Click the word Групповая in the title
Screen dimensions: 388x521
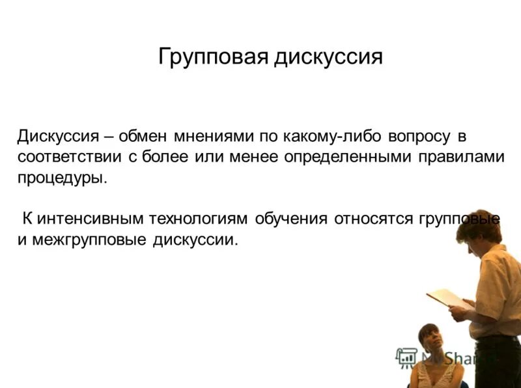(213, 57)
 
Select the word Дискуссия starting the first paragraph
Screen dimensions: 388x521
(58, 137)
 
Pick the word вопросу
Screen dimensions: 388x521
(420, 137)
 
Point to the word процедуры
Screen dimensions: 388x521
(61, 177)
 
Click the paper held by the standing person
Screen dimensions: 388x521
(447, 298)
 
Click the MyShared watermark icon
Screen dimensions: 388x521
(407, 357)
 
